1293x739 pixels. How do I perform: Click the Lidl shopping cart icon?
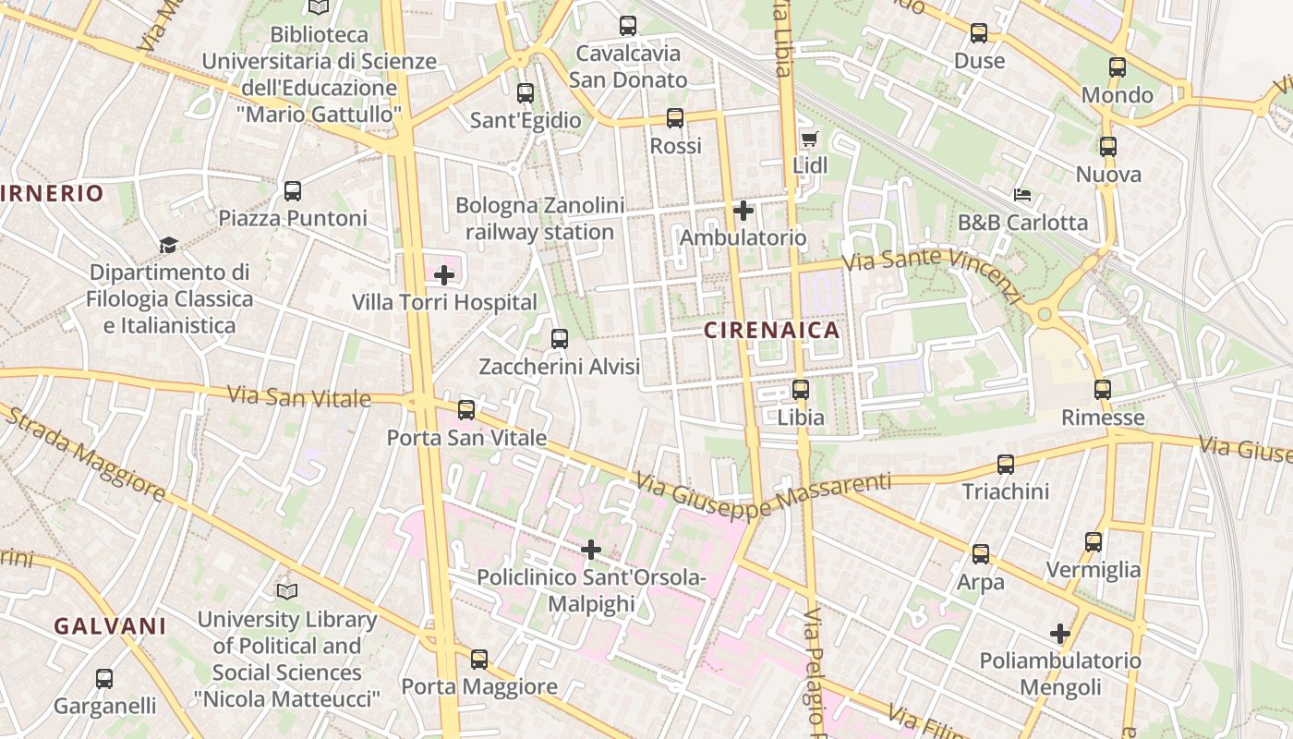810,139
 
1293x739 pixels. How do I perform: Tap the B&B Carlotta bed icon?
1022,195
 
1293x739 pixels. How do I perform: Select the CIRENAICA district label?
772,330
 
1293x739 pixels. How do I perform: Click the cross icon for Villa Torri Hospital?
444,274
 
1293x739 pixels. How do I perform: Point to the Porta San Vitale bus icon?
466,409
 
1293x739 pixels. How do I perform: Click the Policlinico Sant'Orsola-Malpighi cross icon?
591,551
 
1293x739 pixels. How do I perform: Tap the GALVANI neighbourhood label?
110,626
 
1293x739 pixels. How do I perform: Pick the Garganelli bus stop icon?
104,679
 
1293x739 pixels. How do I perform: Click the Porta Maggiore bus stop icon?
478,660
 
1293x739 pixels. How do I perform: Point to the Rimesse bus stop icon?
1102,390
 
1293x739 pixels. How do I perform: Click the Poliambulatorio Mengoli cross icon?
1060,634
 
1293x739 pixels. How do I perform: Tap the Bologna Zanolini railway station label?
539,219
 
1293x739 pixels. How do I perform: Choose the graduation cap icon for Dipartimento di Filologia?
168,245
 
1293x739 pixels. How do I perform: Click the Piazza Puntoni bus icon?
293,191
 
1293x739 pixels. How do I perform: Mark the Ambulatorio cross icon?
743,211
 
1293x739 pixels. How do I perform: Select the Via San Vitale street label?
298,396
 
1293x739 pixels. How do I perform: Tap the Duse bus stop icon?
979,34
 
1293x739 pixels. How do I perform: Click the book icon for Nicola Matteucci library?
287,590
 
